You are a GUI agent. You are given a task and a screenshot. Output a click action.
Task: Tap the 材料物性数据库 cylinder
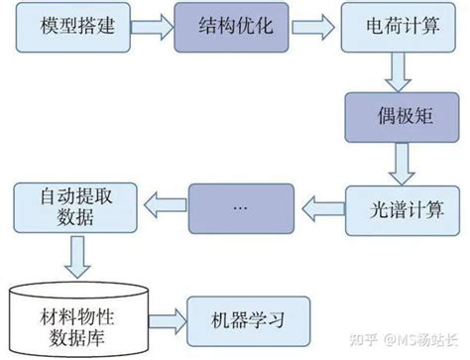pyautogui.click(x=73, y=317)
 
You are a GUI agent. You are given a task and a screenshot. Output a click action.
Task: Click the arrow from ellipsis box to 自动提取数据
pyautogui.click(x=160, y=206)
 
